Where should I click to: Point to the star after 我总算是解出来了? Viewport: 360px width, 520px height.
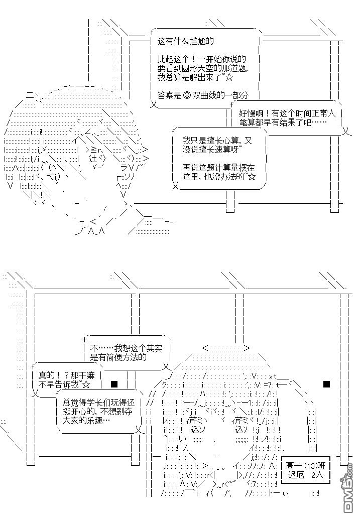click(229, 78)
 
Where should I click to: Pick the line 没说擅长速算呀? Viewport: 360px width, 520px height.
click(213, 151)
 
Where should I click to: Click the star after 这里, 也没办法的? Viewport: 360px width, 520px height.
click(252, 177)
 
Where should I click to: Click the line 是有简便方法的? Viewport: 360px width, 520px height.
click(118, 357)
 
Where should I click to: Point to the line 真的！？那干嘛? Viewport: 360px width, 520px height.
click(65, 375)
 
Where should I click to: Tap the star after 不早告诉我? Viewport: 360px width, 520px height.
click(86, 384)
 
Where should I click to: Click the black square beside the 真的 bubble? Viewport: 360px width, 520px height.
click(114, 384)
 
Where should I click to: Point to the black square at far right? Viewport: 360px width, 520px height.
click(326, 384)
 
